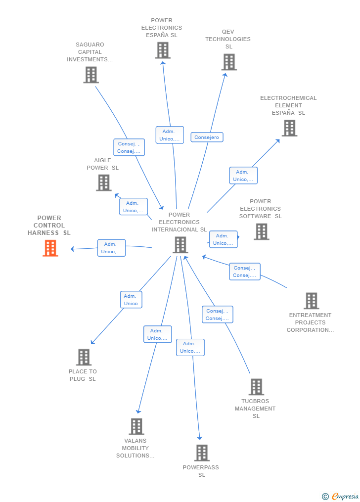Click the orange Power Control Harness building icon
pyautogui.click(x=50, y=248)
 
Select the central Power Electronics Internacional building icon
pyautogui.click(x=180, y=245)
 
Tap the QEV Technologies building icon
pyautogui.click(x=229, y=62)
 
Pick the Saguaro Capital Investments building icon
pyautogui.click(x=91, y=75)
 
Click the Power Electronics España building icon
pyautogui.click(x=163, y=50)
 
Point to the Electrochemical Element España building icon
pyautogui.click(x=289, y=128)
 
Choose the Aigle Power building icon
pyautogui.click(x=104, y=183)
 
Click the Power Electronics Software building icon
pyautogui.click(x=262, y=231)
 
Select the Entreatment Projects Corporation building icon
pyautogui.click(x=311, y=301)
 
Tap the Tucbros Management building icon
pyautogui.click(x=256, y=387)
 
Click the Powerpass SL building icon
pyautogui.click(x=202, y=453)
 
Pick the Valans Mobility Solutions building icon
pyautogui.click(x=136, y=426)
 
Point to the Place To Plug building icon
pyautogui.click(x=84, y=357)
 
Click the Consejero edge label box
pyautogui.click(x=207, y=137)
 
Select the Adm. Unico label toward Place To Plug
pyautogui.click(x=131, y=300)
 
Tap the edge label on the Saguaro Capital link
pyautogui.click(x=129, y=147)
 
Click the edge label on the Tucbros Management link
pyautogui.click(x=218, y=315)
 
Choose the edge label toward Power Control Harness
pyautogui.click(x=111, y=248)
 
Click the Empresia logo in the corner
pyautogui.click(x=341, y=496)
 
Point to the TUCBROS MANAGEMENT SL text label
pyautogui.click(x=255, y=409)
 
